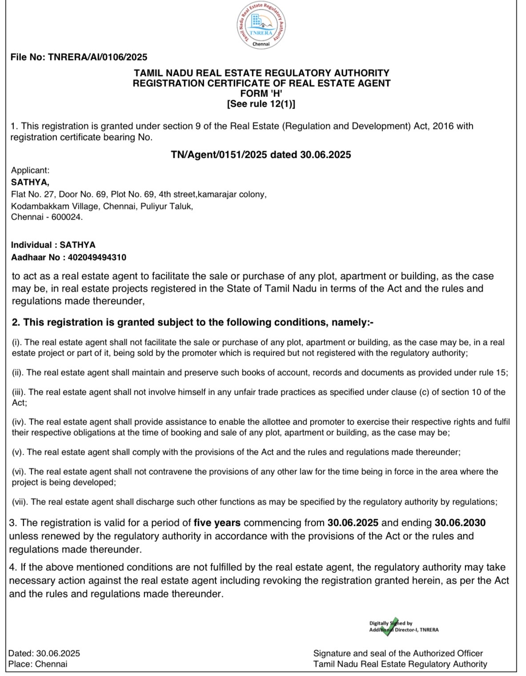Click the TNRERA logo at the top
tap(261, 25)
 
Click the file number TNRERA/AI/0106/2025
tap(97, 57)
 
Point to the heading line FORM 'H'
tap(261, 93)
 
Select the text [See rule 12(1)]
tap(261, 104)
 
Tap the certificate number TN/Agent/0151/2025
tap(219, 155)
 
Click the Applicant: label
tap(30, 170)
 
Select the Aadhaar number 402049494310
tap(97, 257)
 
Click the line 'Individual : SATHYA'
tap(53, 245)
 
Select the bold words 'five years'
tap(217, 523)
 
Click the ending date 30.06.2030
tap(460, 523)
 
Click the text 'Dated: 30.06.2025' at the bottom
tap(44, 653)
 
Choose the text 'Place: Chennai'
tap(38, 664)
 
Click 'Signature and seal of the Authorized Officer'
tap(398, 653)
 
